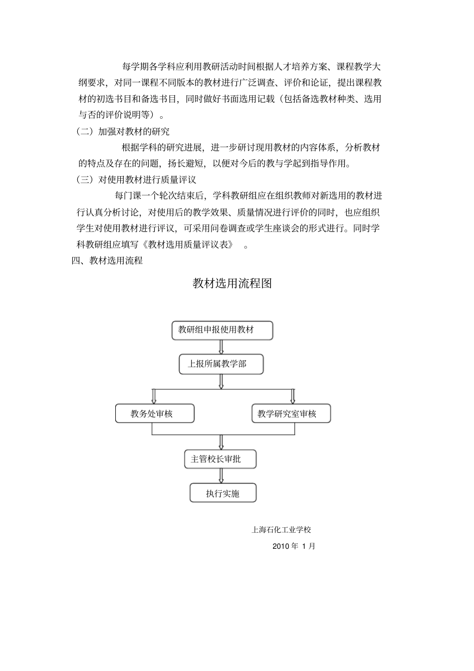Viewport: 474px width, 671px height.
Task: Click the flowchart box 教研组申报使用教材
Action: pyautogui.click(x=222, y=330)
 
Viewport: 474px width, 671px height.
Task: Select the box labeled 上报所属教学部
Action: pyautogui.click(x=221, y=364)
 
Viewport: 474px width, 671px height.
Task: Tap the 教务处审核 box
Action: pyautogui.click(x=155, y=414)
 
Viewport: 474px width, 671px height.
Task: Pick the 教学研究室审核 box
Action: pyautogui.click(x=291, y=414)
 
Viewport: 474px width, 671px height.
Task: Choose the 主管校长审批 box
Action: pyautogui.click(x=220, y=459)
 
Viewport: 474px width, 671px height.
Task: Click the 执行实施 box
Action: pyautogui.click(x=223, y=493)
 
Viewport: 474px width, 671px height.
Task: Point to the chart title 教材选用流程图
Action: pyautogui.click(x=232, y=283)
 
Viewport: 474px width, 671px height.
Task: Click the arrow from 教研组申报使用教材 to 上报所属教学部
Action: pyautogui.click(x=221, y=347)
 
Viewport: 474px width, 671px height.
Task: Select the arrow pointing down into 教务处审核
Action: pyautogui.click(x=154, y=396)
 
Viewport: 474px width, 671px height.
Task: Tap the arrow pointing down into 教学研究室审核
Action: pyautogui.click(x=293, y=396)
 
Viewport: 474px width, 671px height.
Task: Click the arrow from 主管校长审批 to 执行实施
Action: pyautogui.click(x=221, y=476)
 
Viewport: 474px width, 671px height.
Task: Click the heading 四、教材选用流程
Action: pyautogui.click(x=107, y=260)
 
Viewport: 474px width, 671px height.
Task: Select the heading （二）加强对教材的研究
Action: pyautogui.click(x=123, y=132)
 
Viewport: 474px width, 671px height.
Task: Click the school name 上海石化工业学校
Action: pyautogui.click(x=281, y=530)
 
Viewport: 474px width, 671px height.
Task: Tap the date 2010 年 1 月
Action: pyautogui.click(x=294, y=546)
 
